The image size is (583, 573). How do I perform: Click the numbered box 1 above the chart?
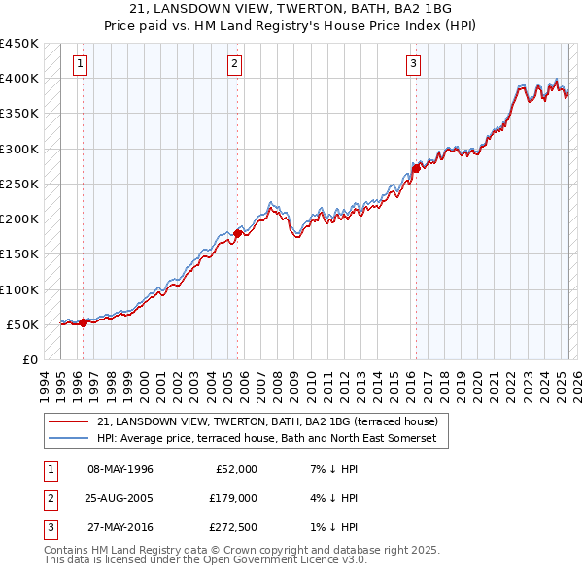(x=80, y=65)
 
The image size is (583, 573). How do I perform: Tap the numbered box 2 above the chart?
(x=235, y=65)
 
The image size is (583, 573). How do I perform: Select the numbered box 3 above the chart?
(x=413, y=65)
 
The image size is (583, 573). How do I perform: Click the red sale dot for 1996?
(x=83, y=323)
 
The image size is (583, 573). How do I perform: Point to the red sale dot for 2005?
(x=238, y=233)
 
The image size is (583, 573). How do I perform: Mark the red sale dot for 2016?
(x=416, y=168)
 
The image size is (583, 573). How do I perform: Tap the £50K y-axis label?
(x=22, y=324)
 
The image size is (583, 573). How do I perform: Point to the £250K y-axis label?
(x=19, y=184)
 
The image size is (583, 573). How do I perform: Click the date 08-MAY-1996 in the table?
(x=120, y=469)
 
